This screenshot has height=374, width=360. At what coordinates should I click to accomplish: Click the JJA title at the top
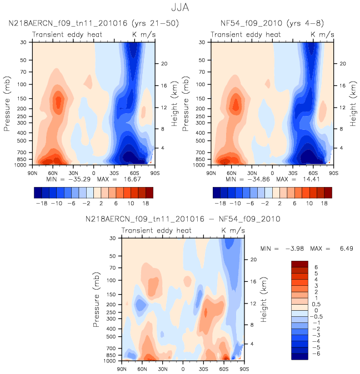[x=180, y=8]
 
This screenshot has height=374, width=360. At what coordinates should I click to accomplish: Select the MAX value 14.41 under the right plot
[x=311, y=179]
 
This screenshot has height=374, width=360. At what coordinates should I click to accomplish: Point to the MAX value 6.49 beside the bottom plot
[x=347, y=249]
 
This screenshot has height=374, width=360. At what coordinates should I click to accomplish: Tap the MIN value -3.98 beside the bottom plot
[x=294, y=249]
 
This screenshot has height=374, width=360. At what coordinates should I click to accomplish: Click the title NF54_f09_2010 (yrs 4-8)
[x=272, y=23]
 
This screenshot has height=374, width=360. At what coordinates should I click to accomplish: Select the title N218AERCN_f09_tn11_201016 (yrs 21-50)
[x=93, y=23]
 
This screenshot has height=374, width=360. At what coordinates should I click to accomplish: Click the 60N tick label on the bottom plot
[x=142, y=369]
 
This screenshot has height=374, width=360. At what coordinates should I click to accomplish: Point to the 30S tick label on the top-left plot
[x=114, y=173]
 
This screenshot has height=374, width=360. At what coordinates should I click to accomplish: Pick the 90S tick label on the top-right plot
[x=333, y=173]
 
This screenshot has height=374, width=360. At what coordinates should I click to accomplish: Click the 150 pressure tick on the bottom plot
[x=111, y=295]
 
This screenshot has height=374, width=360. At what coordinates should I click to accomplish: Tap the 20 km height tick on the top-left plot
[x=164, y=64]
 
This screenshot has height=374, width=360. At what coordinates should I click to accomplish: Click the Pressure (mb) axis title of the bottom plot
[x=96, y=300]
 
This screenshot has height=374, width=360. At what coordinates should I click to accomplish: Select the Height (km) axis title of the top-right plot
[x=353, y=104]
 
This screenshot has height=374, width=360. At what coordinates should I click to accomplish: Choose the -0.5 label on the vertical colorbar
[x=316, y=316]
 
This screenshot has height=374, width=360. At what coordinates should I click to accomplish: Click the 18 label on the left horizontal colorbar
[x=146, y=204]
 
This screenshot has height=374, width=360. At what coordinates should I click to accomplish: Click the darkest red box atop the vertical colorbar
[x=299, y=264]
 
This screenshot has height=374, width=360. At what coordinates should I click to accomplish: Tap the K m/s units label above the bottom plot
[x=233, y=230]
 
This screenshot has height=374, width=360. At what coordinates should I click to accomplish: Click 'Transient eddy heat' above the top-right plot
[x=246, y=35]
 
